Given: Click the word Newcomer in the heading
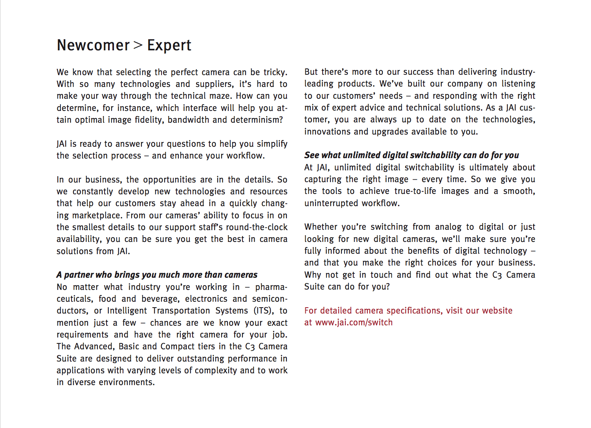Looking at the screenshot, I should pos(93,46).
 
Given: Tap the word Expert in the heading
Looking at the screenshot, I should pos(169,46).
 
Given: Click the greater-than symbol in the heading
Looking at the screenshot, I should pos(138,46).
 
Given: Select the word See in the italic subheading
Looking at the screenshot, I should pos(312,155).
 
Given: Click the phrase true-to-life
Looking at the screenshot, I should pos(415,191).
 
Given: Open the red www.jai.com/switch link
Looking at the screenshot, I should pos(354,323).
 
